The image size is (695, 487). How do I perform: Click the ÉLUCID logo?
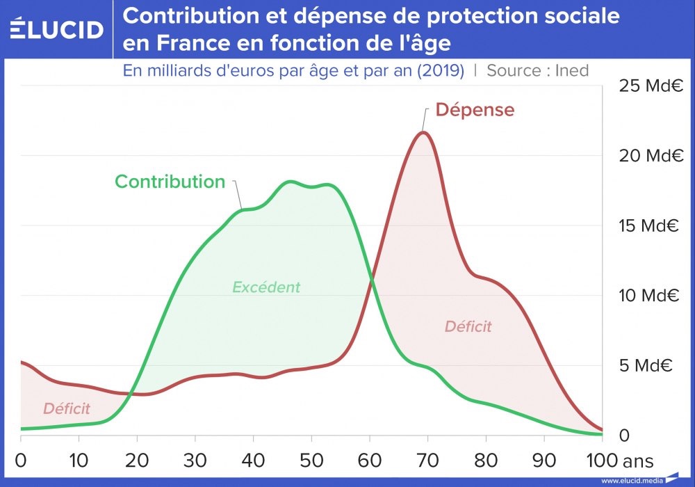tap(57, 29)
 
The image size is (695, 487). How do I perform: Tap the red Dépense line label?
tap(475, 109)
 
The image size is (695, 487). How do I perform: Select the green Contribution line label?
tap(170, 182)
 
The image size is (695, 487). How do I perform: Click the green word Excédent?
tap(266, 287)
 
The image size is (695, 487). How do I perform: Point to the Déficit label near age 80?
tap(468, 326)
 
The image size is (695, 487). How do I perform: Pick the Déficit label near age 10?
tap(67, 408)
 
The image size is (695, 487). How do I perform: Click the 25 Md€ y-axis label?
tap(651, 85)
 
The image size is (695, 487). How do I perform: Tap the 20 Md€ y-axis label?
tap(651, 155)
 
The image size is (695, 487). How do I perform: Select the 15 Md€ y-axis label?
tap(649, 225)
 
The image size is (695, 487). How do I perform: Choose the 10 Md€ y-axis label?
tap(649, 295)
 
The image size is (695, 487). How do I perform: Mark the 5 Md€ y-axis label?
tap(646, 365)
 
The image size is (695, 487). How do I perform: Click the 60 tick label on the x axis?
tap(370, 461)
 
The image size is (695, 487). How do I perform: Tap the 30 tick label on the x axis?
tap(195, 461)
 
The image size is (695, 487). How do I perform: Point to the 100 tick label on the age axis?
tap(602, 461)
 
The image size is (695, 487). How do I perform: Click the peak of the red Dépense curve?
tap(424, 132)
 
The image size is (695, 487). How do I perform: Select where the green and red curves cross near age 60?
tap(371, 280)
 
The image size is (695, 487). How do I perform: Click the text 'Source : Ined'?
tap(538, 70)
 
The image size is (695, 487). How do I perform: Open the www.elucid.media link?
tap(632, 480)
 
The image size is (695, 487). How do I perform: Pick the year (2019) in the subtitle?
tap(441, 70)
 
